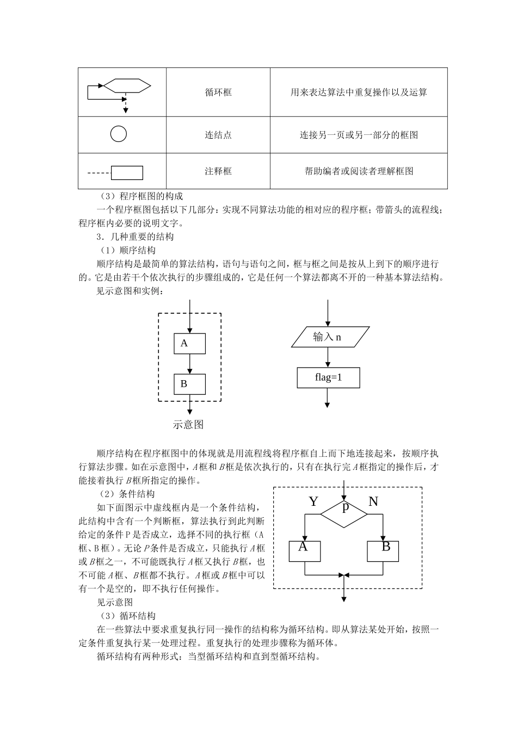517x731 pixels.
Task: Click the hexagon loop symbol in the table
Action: pos(127,85)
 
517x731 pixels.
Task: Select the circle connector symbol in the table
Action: pos(119,134)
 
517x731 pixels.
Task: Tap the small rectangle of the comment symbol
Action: pos(127,173)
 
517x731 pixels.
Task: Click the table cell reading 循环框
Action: pos(218,92)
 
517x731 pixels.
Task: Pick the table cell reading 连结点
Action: pos(218,135)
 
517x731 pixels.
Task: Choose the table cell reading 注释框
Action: pos(218,171)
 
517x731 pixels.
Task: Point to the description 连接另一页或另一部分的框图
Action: pos(359,135)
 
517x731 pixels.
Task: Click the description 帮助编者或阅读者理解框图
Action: pos(359,171)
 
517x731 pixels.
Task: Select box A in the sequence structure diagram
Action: pos(189,343)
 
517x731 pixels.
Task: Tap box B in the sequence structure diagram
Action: pos(189,384)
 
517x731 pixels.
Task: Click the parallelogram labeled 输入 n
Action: pos(330,337)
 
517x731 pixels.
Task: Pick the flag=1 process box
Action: pos(328,377)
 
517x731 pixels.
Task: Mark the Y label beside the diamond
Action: pos(313,501)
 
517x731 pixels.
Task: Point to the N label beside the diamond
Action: pos(373,501)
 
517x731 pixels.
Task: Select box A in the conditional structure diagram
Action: pos(305,550)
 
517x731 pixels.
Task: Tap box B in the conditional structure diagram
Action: pos(383,550)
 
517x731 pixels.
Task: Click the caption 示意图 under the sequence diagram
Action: pos(188,425)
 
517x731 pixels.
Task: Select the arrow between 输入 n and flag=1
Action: pos(328,358)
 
